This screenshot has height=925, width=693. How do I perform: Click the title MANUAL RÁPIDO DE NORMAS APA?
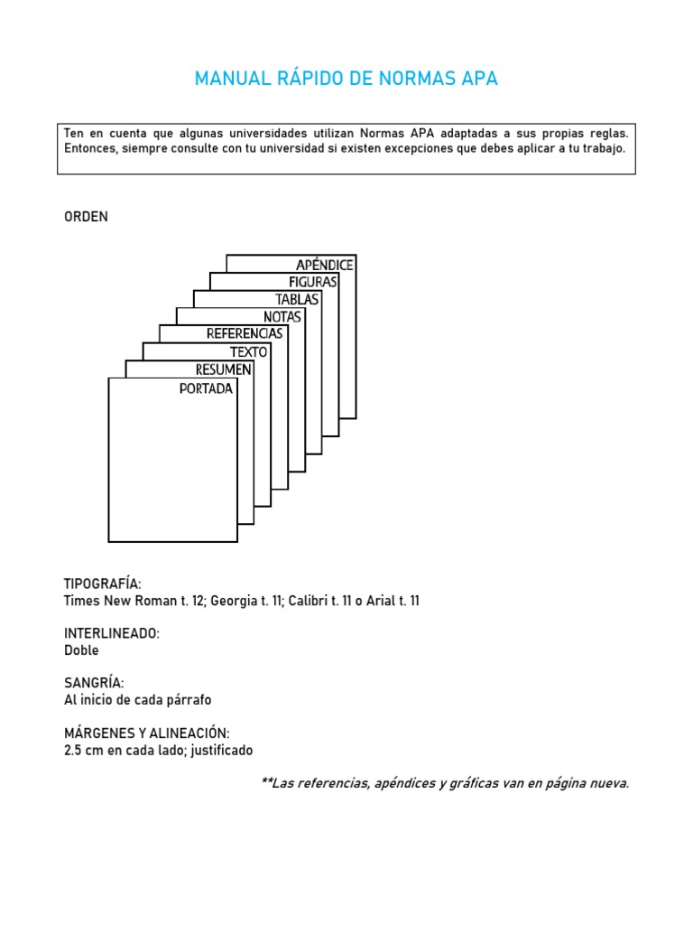click(346, 79)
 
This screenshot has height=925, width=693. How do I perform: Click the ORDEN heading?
click(86, 217)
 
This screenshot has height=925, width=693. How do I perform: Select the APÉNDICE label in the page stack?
click(324, 265)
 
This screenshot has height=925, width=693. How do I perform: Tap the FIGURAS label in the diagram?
click(312, 282)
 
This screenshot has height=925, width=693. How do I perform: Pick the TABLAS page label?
click(297, 299)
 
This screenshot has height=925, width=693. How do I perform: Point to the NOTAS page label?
click(282, 316)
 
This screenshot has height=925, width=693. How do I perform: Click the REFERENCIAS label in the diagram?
click(245, 333)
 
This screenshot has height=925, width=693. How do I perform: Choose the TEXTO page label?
click(248, 351)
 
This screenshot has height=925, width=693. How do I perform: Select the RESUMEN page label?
click(223, 369)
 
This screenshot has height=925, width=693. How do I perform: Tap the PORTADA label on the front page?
click(206, 389)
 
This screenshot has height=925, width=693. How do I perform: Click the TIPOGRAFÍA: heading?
click(103, 584)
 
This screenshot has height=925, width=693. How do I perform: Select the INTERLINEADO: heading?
click(112, 633)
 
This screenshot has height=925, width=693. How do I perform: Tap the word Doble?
click(81, 650)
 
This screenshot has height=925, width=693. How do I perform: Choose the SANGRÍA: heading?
click(94, 683)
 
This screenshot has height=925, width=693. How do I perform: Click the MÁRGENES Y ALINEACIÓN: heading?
click(147, 733)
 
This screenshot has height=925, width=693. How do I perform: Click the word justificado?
click(221, 750)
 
